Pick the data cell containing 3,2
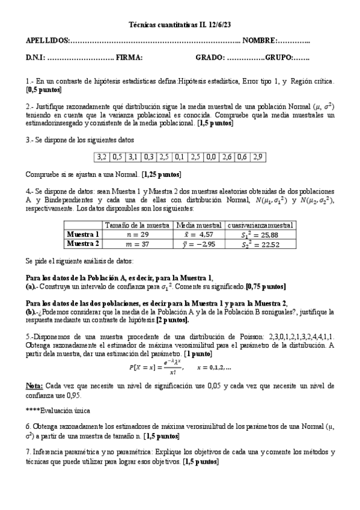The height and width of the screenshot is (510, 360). pyautogui.click(x=101, y=158)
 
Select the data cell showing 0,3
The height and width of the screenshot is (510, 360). pyautogui.click(x=148, y=158)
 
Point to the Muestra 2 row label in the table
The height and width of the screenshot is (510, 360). pyautogui.click(x=83, y=244)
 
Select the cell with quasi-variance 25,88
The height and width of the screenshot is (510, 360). pyautogui.click(x=260, y=234)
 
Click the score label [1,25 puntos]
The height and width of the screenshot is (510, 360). pyautogui.click(x=161, y=174)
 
